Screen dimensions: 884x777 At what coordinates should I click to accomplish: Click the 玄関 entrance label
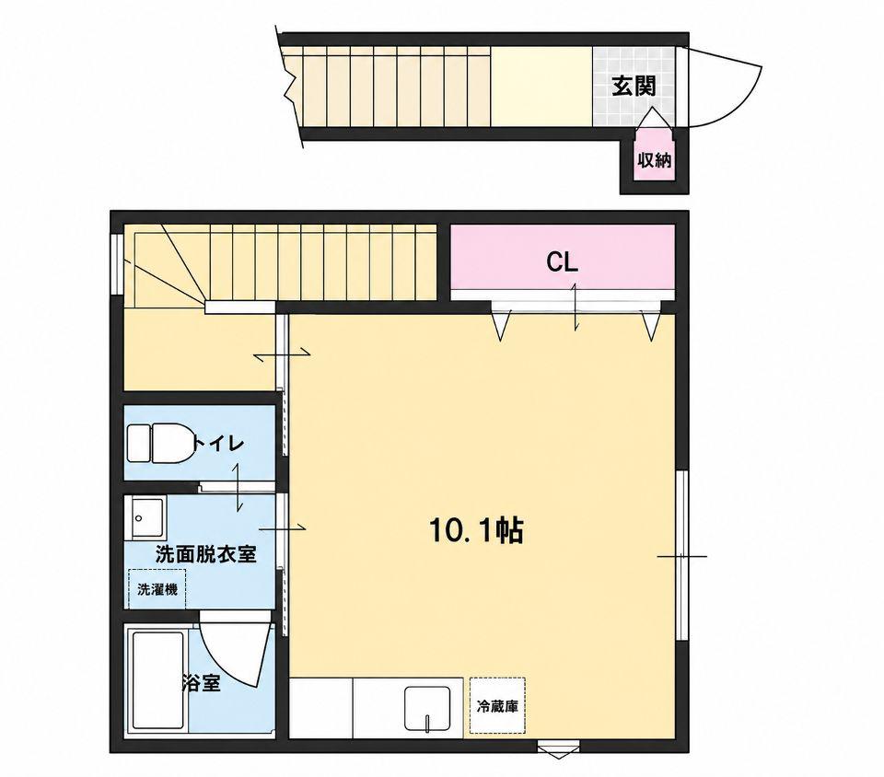click(x=634, y=86)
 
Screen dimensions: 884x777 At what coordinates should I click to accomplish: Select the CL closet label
click(x=562, y=261)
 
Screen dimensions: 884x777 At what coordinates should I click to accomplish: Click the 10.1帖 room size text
click(x=477, y=530)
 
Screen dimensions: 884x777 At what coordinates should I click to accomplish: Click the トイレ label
click(x=219, y=444)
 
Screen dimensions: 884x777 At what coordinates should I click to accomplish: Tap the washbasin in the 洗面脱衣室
click(x=145, y=517)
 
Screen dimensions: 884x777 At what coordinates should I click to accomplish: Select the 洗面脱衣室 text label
click(x=205, y=554)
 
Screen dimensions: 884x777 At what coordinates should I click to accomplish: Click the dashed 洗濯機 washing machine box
click(x=157, y=589)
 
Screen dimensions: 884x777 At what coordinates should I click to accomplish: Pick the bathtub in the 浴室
click(x=157, y=680)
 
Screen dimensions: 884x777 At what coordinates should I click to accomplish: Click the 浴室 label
click(x=202, y=683)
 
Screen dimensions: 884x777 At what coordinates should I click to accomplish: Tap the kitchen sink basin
click(x=428, y=708)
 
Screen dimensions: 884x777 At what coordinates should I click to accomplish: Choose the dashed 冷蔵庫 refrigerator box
click(x=497, y=705)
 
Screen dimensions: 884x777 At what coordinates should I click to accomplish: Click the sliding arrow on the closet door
click(x=575, y=307)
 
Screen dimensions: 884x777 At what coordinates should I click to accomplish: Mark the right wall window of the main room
click(x=681, y=555)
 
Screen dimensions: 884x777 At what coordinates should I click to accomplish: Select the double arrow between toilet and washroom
click(x=238, y=487)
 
